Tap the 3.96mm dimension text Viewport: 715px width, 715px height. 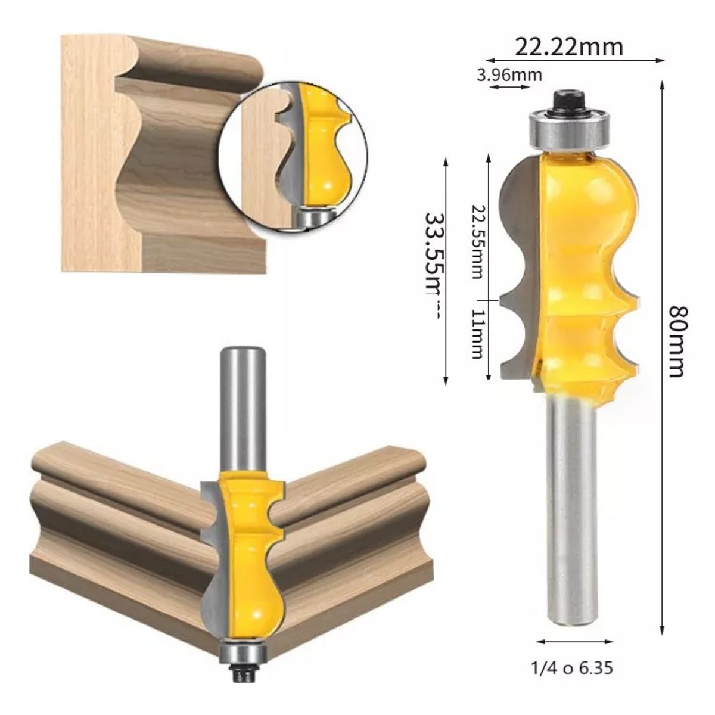(x=509, y=75)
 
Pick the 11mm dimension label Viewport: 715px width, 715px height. (x=477, y=334)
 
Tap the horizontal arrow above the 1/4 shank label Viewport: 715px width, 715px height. (x=574, y=642)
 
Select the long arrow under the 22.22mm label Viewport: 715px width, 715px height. (x=575, y=60)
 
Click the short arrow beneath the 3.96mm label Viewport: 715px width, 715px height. (x=509, y=88)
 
